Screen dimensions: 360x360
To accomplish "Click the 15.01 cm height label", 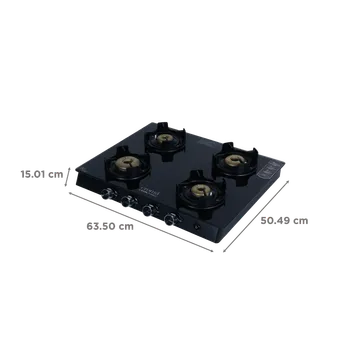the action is [x=42, y=174].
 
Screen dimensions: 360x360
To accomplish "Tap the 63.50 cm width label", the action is [x=110, y=226].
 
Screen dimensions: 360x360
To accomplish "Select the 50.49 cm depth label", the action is [x=284, y=221].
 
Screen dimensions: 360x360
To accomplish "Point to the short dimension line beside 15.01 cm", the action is [x=68, y=177].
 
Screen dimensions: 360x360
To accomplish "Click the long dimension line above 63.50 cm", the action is [x=141, y=222].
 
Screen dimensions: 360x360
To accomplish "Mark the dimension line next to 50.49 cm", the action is [x=256, y=216].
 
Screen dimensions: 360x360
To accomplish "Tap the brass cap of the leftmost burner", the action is [x=126, y=163].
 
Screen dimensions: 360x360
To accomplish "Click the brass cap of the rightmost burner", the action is [x=235, y=161].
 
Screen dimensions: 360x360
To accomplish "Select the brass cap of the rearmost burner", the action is [x=164, y=137].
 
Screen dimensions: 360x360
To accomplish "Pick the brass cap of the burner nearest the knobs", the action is [x=201, y=189].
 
